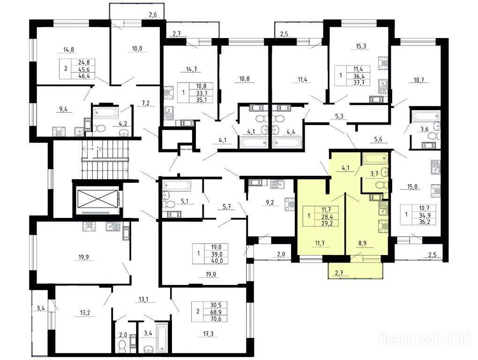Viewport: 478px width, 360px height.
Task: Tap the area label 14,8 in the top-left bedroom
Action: (68, 49)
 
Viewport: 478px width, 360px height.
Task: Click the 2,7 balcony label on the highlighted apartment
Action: (339, 273)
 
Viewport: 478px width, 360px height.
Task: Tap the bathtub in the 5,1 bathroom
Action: (177, 185)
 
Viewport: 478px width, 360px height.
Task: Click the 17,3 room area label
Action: (208, 334)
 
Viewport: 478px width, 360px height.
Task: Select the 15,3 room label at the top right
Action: (361, 46)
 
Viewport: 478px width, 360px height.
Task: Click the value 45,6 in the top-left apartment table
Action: (82, 69)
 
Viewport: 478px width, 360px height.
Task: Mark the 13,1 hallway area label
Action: (141, 299)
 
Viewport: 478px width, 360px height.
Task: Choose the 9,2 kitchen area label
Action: (270, 202)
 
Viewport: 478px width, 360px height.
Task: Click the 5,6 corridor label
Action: (378, 140)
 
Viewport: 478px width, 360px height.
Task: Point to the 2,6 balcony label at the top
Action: (153, 15)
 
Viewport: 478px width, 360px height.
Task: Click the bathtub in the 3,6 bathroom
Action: (426, 116)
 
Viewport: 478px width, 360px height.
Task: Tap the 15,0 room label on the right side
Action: (412, 187)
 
